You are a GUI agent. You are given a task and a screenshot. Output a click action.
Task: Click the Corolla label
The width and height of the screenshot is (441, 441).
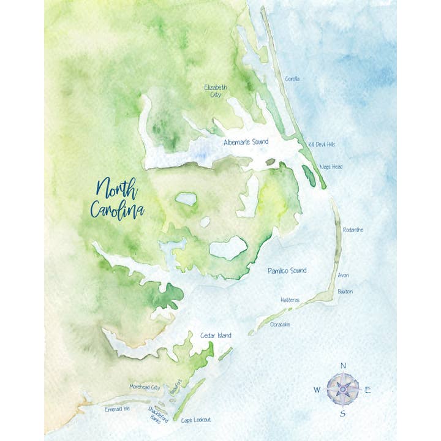293,79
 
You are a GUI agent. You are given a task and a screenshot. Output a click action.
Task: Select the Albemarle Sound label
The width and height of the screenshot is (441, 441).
246,142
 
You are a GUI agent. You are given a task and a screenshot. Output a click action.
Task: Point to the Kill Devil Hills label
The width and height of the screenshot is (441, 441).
322,145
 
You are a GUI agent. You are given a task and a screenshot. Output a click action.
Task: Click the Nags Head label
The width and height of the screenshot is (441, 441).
331,167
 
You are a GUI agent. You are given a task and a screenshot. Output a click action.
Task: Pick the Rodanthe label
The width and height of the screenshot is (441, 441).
353,230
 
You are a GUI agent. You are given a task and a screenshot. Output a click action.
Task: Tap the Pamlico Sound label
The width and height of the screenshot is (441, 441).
287,270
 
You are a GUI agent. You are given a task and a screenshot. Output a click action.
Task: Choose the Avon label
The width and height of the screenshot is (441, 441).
343,276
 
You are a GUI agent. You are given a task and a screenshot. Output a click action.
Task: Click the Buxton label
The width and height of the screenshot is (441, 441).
345,292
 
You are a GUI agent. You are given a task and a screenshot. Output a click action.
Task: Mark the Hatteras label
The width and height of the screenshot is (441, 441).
290,300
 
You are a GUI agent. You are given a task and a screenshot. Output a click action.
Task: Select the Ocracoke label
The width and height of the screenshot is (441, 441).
280,325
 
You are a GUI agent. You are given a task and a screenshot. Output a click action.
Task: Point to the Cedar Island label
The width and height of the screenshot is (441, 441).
216,336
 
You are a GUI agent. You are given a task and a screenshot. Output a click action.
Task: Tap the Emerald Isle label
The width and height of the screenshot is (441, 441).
118,409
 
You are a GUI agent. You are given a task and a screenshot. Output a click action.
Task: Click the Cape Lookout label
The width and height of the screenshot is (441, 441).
196,420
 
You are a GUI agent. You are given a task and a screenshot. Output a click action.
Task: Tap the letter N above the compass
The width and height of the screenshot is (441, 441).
343,366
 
